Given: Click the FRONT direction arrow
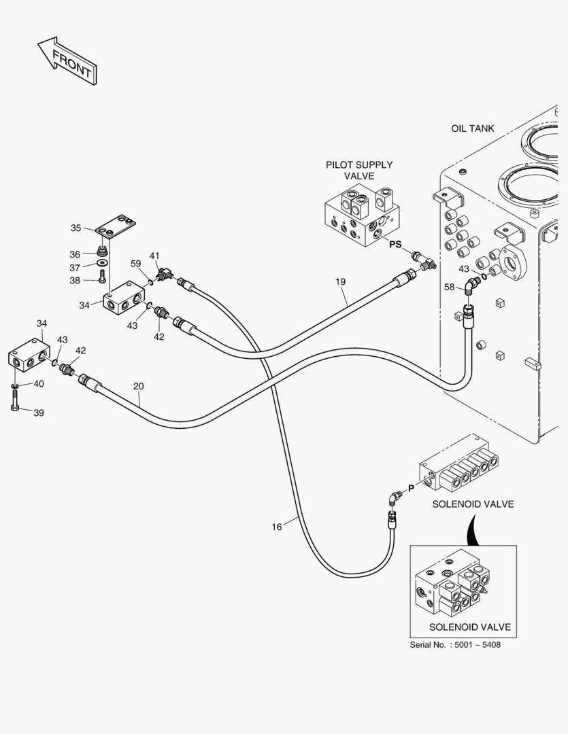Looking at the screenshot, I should [67, 62].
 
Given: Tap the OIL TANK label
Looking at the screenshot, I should [472, 128].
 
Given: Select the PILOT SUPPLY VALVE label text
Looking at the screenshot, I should [359, 170].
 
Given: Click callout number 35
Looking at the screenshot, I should [76, 228].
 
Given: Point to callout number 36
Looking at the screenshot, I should [75, 254].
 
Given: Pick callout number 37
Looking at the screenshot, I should [75, 267].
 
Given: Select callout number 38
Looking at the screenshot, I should [75, 280].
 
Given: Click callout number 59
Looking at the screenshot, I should [135, 263].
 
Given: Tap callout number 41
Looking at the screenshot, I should [154, 256].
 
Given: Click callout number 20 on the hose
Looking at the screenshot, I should [139, 386].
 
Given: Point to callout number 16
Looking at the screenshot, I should [276, 526].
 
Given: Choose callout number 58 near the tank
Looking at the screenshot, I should [449, 287].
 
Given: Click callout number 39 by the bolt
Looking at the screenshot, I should [39, 413].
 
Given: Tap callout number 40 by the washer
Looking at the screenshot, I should [39, 384].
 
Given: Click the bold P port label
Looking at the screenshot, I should [411, 488].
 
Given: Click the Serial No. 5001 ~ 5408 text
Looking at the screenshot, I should [455, 645].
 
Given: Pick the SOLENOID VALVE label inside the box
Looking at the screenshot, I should [469, 627].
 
